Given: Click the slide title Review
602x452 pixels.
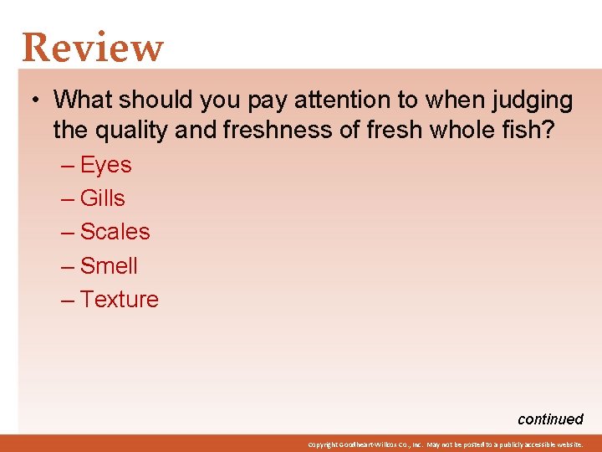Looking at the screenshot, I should [x=93, y=48].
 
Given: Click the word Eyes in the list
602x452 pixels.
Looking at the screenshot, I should [x=106, y=165].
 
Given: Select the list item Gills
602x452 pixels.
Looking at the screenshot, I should [x=103, y=198].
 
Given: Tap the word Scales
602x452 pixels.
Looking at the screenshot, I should [x=115, y=232].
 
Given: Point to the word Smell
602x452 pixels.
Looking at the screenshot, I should [x=109, y=266].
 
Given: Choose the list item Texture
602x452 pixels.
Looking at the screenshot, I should [x=120, y=300].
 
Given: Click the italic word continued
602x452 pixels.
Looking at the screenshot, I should [x=550, y=419].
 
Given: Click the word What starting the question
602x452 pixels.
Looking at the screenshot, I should [x=83, y=100].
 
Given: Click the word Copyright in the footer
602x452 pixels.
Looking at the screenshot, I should [x=320, y=444].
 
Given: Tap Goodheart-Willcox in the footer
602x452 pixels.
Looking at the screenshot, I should [x=365, y=444].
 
